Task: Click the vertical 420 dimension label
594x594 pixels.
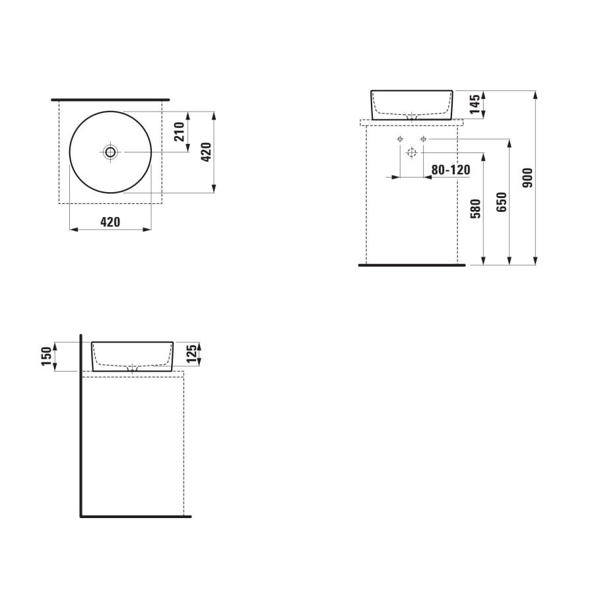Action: pyautogui.click(x=205, y=152)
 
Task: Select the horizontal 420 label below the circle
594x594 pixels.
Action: pyautogui.click(x=110, y=222)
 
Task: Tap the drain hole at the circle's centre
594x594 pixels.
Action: pyautogui.click(x=110, y=152)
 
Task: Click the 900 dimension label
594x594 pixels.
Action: pyautogui.click(x=527, y=178)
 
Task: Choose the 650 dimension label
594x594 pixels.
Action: pyautogui.click(x=501, y=202)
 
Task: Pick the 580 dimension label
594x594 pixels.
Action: pyautogui.click(x=476, y=208)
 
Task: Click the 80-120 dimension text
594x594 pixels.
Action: pyautogui.click(x=450, y=170)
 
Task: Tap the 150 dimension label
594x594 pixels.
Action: pyautogui.click(x=46, y=356)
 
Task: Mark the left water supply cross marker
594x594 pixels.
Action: pyautogui.click(x=400, y=139)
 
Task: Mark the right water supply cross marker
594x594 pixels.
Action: pyautogui.click(x=423, y=139)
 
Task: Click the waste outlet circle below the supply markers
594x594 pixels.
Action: pyautogui.click(x=411, y=153)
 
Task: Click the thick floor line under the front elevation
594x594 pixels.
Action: pyautogui.click(x=411, y=265)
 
